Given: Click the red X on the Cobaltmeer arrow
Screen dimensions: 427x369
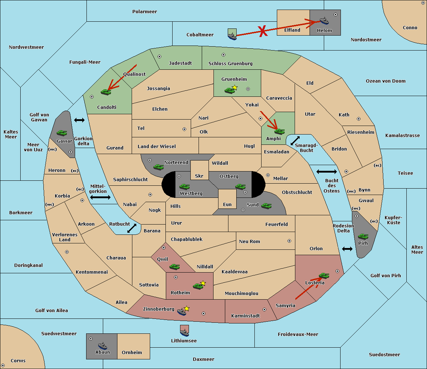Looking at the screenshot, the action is (x=263, y=31).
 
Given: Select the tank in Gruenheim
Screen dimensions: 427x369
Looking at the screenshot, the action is (x=230, y=90).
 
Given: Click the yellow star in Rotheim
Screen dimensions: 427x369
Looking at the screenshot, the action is (x=203, y=283).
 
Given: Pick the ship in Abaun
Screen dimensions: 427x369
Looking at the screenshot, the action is (x=103, y=346).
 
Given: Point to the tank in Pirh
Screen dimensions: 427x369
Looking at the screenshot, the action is (x=363, y=236).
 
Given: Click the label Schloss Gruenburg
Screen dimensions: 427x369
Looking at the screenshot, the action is (x=231, y=63).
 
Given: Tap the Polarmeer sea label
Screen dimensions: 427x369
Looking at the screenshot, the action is (x=144, y=12).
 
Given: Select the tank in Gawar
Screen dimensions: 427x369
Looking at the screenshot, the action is (x=62, y=133).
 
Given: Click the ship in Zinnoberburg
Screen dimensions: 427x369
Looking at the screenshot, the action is (x=182, y=311).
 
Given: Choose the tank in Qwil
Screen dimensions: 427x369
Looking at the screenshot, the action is (x=175, y=267).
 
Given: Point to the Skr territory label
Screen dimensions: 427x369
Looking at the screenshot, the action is (x=199, y=176).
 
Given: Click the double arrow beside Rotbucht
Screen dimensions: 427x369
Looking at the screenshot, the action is (x=132, y=228).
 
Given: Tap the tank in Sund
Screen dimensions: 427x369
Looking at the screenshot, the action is (x=266, y=206).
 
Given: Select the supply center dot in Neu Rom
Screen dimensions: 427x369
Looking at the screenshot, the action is (x=289, y=241).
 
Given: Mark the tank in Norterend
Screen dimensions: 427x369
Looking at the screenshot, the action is (x=158, y=167).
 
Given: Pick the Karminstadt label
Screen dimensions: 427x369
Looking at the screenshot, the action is (x=246, y=316).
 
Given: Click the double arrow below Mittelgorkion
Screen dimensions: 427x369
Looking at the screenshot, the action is (x=100, y=197).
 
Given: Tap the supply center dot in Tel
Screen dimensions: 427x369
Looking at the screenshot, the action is (x=184, y=129).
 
